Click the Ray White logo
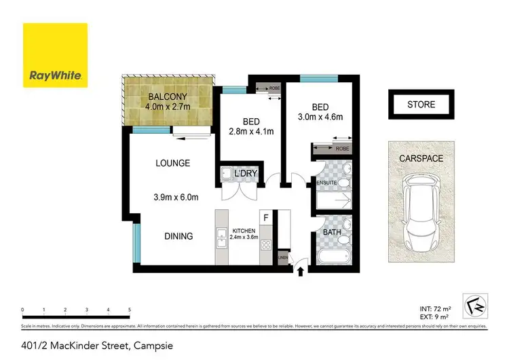click(x=55, y=55)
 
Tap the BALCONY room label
click(x=168, y=96)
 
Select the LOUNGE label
click(x=172, y=163)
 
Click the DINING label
click(x=178, y=236)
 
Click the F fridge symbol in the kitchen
click(x=266, y=218)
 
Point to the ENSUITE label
click(x=326, y=181)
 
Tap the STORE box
click(x=421, y=105)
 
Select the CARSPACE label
click(x=421, y=158)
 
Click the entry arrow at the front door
click(x=299, y=271)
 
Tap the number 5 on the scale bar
click(x=129, y=309)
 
